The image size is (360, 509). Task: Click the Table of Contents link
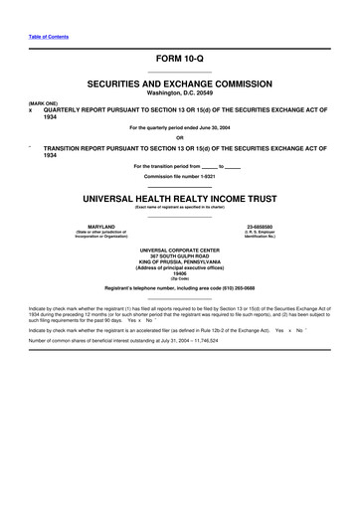(x=47, y=37)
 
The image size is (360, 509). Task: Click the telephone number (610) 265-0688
(x=235, y=288)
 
